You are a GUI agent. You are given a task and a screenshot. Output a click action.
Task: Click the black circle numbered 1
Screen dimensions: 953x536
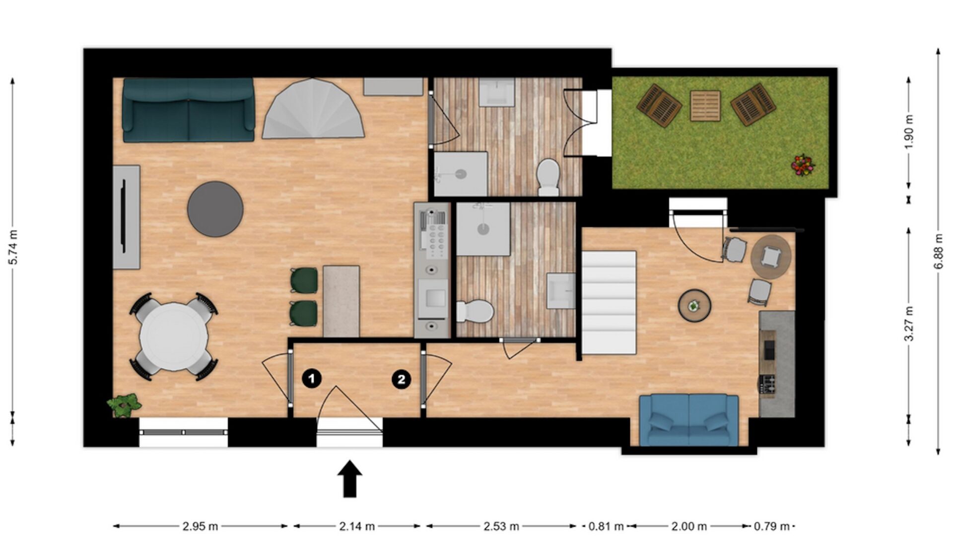pyautogui.click(x=312, y=379)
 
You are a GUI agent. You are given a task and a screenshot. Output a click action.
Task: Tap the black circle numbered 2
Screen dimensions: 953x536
pyautogui.click(x=401, y=380)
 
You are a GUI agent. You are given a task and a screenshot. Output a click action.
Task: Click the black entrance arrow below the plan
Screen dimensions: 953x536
pyautogui.click(x=350, y=478)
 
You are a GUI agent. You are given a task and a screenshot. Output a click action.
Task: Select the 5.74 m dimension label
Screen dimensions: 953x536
pyautogui.click(x=14, y=247)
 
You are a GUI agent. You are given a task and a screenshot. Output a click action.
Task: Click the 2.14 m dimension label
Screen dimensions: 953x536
pyautogui.click(x=357, y=526)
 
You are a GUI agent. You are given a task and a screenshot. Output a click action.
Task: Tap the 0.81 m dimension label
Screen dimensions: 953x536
pyautogui.click(x=606, y=526)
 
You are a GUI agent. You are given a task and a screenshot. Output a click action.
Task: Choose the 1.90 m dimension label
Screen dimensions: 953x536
pyautogui.click(x=909, y=132)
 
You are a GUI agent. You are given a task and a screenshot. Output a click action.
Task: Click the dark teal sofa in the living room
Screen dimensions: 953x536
pyautogui.click(x=189, y=110)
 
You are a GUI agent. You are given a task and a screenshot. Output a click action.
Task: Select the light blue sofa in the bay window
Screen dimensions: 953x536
pyautogui.click(x=689, y=420)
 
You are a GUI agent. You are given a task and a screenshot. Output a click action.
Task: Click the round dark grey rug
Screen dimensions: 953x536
pyautogui.click(x=215, y=209)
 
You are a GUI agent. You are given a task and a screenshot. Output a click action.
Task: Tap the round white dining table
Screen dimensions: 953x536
pyautogui.click(x=173, y=337)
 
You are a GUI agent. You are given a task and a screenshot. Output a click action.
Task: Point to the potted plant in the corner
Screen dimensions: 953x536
pyautogui.click(x=124, y=405)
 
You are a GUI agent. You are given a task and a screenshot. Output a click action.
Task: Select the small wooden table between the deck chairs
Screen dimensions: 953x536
pyautogui.click(x=705, y=106)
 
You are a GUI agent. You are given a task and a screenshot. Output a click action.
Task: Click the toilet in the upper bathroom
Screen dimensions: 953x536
pyautogui.click(x=548, y=177)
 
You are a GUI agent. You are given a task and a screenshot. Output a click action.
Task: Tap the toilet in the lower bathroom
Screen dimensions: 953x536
pyautogui.click(x=475, y=311)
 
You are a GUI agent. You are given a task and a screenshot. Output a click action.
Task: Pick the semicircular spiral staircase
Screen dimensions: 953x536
pyautogui.click(x=313, y=109)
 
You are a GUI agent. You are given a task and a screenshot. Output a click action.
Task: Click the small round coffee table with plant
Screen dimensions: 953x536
pyautogui.click(x=694, y=306)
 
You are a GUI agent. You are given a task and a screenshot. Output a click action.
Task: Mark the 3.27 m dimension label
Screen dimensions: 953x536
pyautogui.click(x=909, y=324)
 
